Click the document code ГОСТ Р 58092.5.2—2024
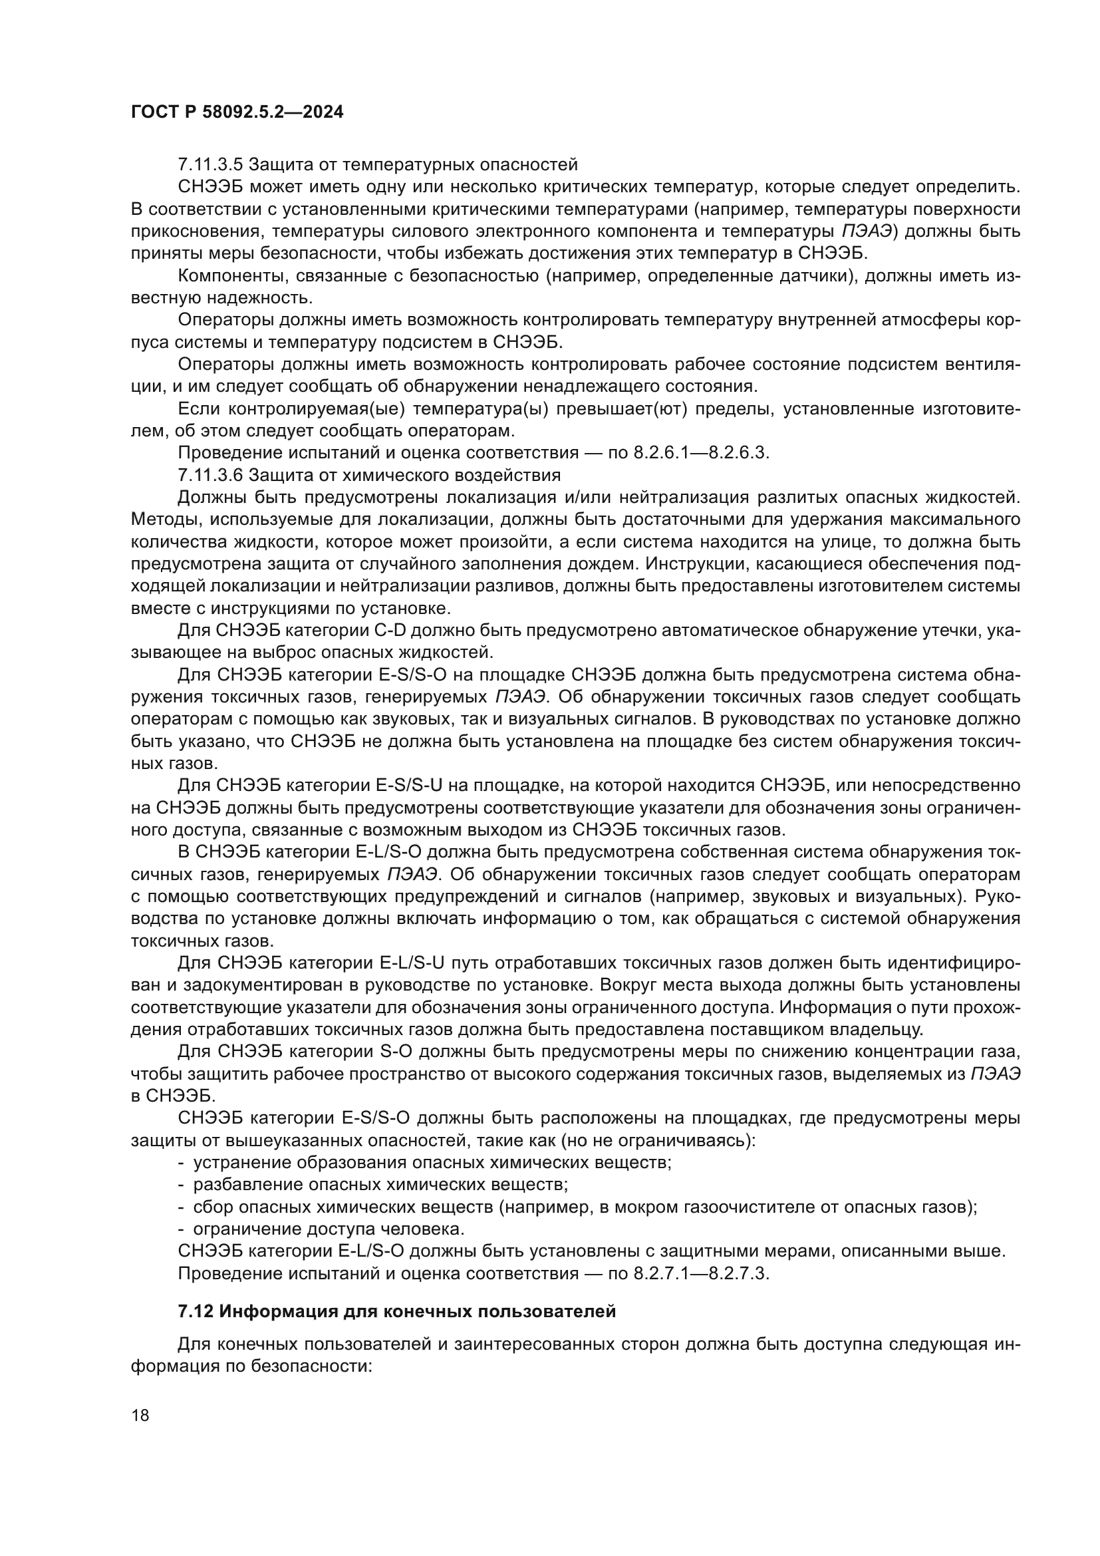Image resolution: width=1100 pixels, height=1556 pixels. coord(237,112)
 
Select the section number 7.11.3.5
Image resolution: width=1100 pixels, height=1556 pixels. coord(210,165)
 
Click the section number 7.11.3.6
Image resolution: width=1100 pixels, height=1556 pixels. coord(210,474)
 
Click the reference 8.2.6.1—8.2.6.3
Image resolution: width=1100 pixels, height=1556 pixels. coord(701,453)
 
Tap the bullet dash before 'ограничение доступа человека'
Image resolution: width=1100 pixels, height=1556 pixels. coord(181,1229)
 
